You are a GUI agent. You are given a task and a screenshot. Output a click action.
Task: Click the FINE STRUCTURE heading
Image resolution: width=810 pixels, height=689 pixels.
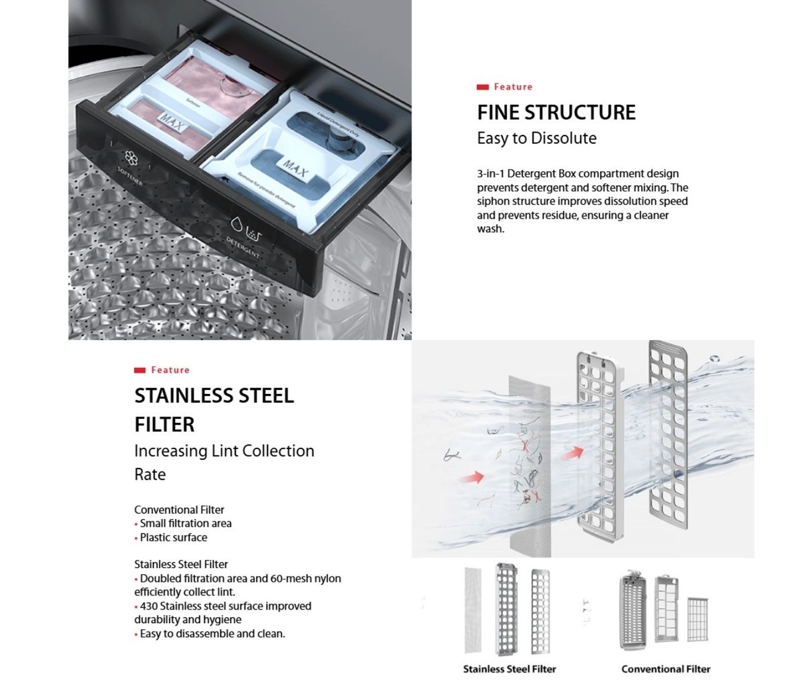click(556, 112)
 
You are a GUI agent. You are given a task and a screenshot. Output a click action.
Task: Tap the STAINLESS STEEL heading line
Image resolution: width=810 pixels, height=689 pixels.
click(213, 396)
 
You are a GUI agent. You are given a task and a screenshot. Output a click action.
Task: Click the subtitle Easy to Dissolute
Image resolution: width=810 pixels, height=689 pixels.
click(537, 138)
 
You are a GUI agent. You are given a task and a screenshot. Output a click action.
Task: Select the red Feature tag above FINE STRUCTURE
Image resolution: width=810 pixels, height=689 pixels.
click(505, 87)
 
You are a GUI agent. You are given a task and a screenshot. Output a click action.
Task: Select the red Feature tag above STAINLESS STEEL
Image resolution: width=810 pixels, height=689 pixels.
click(162, 370)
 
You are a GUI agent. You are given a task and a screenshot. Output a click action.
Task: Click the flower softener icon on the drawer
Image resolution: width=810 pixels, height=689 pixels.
click(131, 158)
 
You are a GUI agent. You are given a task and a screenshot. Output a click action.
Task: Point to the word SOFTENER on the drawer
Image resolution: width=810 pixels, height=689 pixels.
click(129, 176)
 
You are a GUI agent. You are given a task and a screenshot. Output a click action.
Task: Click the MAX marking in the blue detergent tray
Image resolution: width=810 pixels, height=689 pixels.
click(295, 169)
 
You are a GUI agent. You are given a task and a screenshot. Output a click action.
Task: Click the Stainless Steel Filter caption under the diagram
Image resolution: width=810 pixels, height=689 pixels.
click(509, 669)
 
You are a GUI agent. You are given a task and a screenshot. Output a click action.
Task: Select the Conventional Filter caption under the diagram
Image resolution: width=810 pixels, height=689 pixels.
click(665, 669)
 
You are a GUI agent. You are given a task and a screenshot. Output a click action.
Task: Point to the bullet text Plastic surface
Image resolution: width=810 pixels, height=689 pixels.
click(173, 537)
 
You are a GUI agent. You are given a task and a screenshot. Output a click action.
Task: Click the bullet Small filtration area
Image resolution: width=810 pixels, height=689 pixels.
click(185, 523)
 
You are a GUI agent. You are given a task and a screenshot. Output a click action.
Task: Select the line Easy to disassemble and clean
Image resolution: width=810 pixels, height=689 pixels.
click(212, 633)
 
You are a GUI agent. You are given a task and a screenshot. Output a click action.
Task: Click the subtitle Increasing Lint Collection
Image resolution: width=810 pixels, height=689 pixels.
click(224, 451)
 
